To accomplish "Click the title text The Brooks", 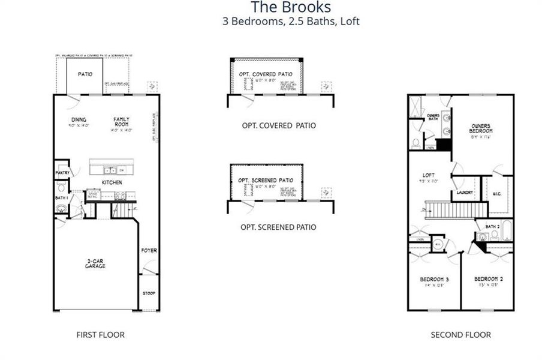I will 290,7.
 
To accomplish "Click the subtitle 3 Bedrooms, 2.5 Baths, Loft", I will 290,22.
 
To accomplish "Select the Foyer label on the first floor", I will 149,250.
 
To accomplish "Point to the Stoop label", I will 149,293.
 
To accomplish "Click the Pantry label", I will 63,173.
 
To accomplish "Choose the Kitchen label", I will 112,182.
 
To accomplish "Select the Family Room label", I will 122,122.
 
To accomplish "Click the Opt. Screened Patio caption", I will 278,227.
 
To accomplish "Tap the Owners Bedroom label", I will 481,128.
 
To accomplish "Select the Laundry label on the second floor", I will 465,193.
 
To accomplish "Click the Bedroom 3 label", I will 435,280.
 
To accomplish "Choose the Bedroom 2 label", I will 487,280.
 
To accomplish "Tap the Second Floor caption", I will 460,335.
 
